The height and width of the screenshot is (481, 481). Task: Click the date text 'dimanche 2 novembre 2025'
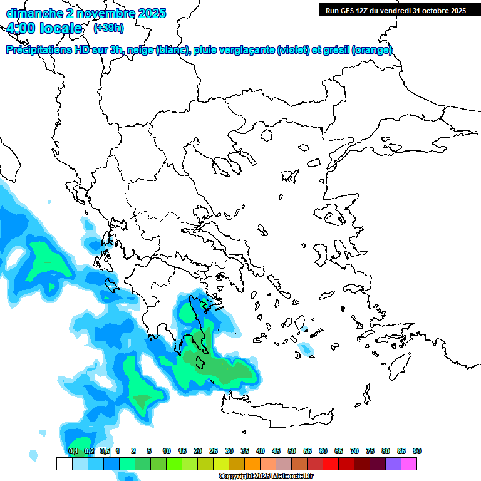86,13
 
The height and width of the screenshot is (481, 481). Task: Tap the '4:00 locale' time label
44,28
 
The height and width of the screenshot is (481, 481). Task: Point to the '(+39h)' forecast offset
108,28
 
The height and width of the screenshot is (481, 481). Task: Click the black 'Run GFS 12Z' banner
395,11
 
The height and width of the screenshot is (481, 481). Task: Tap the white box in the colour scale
64,463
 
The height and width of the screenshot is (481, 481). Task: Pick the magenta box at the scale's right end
409,463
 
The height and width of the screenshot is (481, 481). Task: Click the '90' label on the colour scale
416,451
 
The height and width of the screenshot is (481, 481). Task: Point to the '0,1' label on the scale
73,451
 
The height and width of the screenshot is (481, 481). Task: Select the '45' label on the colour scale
276,451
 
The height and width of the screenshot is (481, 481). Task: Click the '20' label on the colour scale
198,451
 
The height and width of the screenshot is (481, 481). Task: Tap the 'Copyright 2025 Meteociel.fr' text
266,476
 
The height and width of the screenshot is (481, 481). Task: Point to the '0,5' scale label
105,451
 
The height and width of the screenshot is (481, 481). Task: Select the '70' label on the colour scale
354,451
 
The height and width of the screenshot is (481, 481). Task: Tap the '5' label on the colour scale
149,451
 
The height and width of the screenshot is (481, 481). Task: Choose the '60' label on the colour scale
323,451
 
